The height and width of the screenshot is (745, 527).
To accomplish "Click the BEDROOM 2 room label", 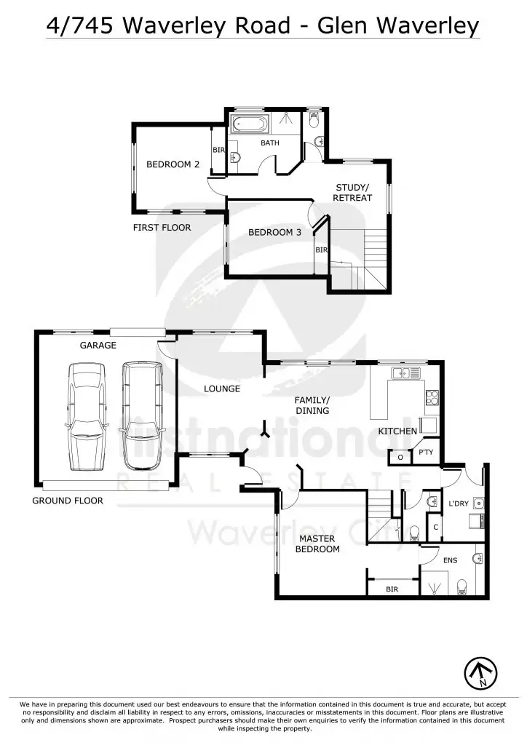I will [x=173, y=164].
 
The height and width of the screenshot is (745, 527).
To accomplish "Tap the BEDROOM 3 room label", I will [x=274, y=233].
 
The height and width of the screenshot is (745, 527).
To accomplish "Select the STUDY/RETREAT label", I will [x=352, y=193].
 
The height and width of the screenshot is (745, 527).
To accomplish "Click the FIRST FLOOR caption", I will [x=162, y=228].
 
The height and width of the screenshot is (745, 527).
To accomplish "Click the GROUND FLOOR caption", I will [x=67, y=501].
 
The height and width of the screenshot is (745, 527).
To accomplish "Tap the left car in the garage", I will [x=87, y=417].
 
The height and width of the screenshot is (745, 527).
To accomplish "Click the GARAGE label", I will [x=98, y=346].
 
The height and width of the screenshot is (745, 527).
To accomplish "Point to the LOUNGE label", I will [x=222, y=389].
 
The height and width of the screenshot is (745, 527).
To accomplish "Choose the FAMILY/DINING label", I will [x=312, y=405].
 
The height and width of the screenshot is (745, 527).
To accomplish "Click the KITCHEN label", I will [x=397, y=431].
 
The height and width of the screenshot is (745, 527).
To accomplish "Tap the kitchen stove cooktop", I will [x=431, y=397].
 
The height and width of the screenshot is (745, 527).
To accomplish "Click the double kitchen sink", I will [x=402, y=373].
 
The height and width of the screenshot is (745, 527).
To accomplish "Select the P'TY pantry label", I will [x=426, y=453].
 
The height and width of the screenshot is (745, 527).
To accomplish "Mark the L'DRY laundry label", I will [x=458, y=503].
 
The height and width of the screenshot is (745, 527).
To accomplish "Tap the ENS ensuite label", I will [x=449, y=561].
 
